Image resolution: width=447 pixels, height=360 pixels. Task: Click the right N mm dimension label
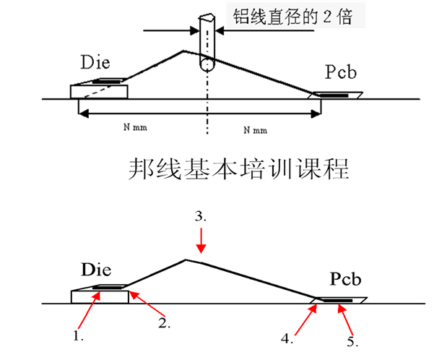(256, 130)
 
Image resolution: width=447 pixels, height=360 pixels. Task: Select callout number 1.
(78, 336)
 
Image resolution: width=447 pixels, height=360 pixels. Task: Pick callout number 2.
(165, 324)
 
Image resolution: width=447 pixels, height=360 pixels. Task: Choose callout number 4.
(287, 337)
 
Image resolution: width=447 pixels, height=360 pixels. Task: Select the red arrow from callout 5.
(346, 317)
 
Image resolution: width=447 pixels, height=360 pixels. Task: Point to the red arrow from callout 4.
(303, 318)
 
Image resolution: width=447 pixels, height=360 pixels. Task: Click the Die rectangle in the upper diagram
(99, 91)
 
